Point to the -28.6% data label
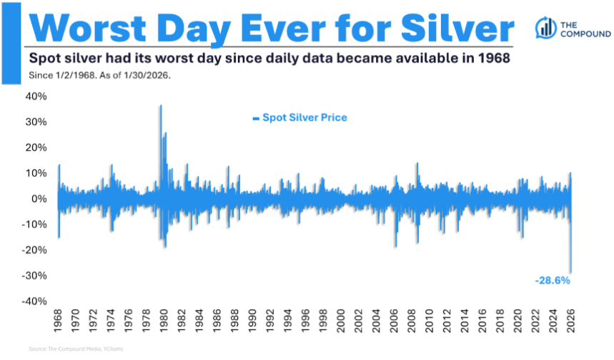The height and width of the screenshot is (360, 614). click(553, 281)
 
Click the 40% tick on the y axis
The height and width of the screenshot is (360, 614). click(37, 96)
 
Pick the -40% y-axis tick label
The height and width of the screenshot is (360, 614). click(34, 301)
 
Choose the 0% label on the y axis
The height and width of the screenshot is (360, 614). click(39, 199)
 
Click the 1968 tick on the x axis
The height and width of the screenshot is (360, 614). click(58, 321)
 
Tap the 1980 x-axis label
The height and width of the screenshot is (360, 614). click(163, 321)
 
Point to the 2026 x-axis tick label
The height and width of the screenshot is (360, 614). click(570, 321)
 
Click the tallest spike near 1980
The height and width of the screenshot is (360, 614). click(160, 106)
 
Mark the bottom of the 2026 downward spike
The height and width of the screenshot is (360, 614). click(570, 271)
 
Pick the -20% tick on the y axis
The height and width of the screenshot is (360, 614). click(34, 249)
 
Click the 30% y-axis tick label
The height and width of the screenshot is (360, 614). click(37, 121)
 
